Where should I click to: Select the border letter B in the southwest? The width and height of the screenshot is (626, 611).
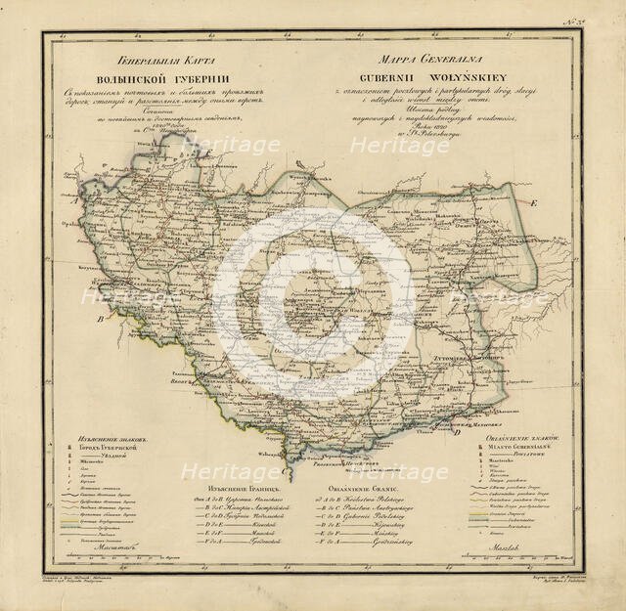[98, 319]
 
